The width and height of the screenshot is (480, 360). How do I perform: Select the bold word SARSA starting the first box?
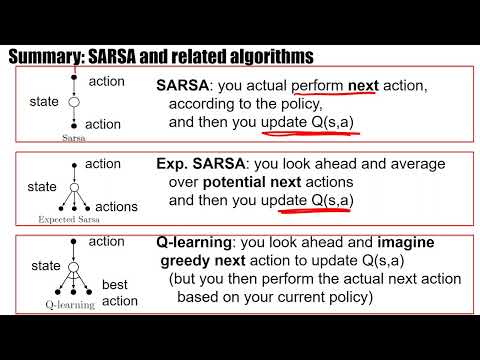coord(181,86)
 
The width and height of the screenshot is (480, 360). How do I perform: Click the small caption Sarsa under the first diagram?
coord(73,137)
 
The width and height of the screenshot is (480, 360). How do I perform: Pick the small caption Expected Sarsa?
coord(72,216)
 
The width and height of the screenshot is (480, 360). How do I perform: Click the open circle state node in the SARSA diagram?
coord(73,102)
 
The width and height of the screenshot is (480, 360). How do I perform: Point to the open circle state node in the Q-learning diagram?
coord(73,264)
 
